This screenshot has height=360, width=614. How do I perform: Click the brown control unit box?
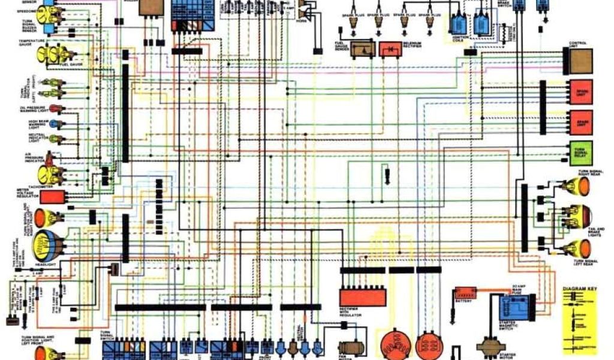click(x=580, y=60)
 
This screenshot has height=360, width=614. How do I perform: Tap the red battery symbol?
click(x=465, y=294)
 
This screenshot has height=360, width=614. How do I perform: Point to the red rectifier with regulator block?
click(x=362, y=297)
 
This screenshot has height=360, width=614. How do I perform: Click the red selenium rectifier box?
click(x=390, y=49)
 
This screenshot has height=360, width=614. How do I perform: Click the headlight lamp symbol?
click(x=49, y=244)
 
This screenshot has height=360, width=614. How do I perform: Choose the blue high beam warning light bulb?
click(x=55, y=124)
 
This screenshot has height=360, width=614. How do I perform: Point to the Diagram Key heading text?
click(x=580, y=289)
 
